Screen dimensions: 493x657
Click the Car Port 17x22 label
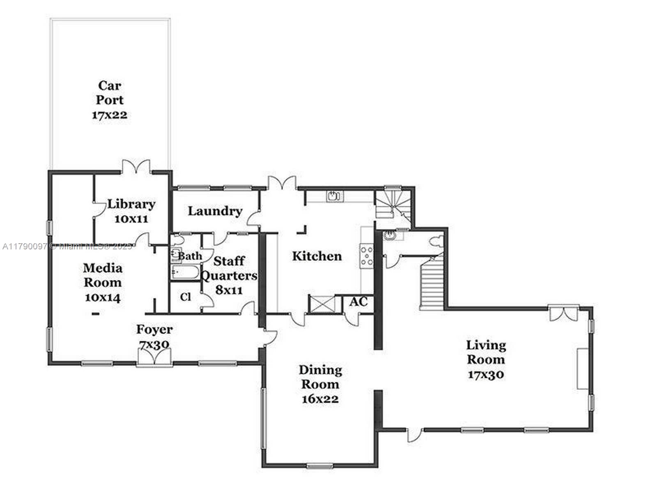click(x=109, y=100)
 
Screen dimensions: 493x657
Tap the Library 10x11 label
click(x=131, y=211)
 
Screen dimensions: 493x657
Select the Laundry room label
click(x=215, y=211)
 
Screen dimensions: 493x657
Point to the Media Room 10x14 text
click(x=103, y=283)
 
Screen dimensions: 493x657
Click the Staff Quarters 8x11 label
click(x=229, y=275)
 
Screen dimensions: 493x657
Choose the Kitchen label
click(x=317, y=256)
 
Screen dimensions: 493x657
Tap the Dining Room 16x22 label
click(x=320, y=384)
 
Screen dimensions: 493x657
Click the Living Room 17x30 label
click(x=486, y=359)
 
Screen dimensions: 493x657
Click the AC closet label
click(x=358, y=302)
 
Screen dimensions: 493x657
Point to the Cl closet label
click(x=186, y=297)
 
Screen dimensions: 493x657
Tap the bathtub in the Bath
click(x=185, y=272)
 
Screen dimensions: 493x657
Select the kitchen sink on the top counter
click(x=335, y=196)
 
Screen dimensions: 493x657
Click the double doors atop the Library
click(x=136, y=166)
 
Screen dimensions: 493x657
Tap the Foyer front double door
click(x=154, y=356)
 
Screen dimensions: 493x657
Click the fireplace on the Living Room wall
click(x=583, y=369)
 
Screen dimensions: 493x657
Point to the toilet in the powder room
click(x=436, y=241)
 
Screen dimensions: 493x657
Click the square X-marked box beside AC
click(x=325, y=304)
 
